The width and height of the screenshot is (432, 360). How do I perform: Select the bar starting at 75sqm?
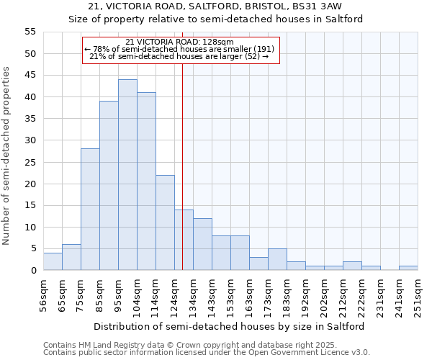(x=90, y=210)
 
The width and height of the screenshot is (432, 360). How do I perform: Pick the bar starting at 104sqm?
(x=146, y=181)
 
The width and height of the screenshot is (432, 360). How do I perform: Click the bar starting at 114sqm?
(x=165, y=222)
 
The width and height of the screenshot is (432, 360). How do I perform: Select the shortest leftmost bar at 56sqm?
(x=53, y=262)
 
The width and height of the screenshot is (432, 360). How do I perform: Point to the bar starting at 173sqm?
(x=277, y=260)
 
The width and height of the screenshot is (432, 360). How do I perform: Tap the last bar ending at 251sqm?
(x=408, y=269)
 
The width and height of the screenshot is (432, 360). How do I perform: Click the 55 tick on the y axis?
(x=30, y=32)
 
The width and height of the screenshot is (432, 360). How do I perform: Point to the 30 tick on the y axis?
(x=30, y=140)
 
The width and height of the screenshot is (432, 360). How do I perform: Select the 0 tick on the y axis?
(x=33, y=271)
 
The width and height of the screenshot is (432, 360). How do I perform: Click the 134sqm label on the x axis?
(x=193, y=294)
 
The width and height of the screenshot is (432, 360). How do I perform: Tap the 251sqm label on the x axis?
(x=418, y=294)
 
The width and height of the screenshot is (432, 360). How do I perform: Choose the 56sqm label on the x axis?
(x=43, y=294)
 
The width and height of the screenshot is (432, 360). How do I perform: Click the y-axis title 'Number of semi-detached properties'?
(x=6, y=156)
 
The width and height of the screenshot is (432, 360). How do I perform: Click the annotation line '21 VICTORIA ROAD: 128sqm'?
(x=179, y=42)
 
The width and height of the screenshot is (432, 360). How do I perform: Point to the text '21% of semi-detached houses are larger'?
(x=179, y=56)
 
